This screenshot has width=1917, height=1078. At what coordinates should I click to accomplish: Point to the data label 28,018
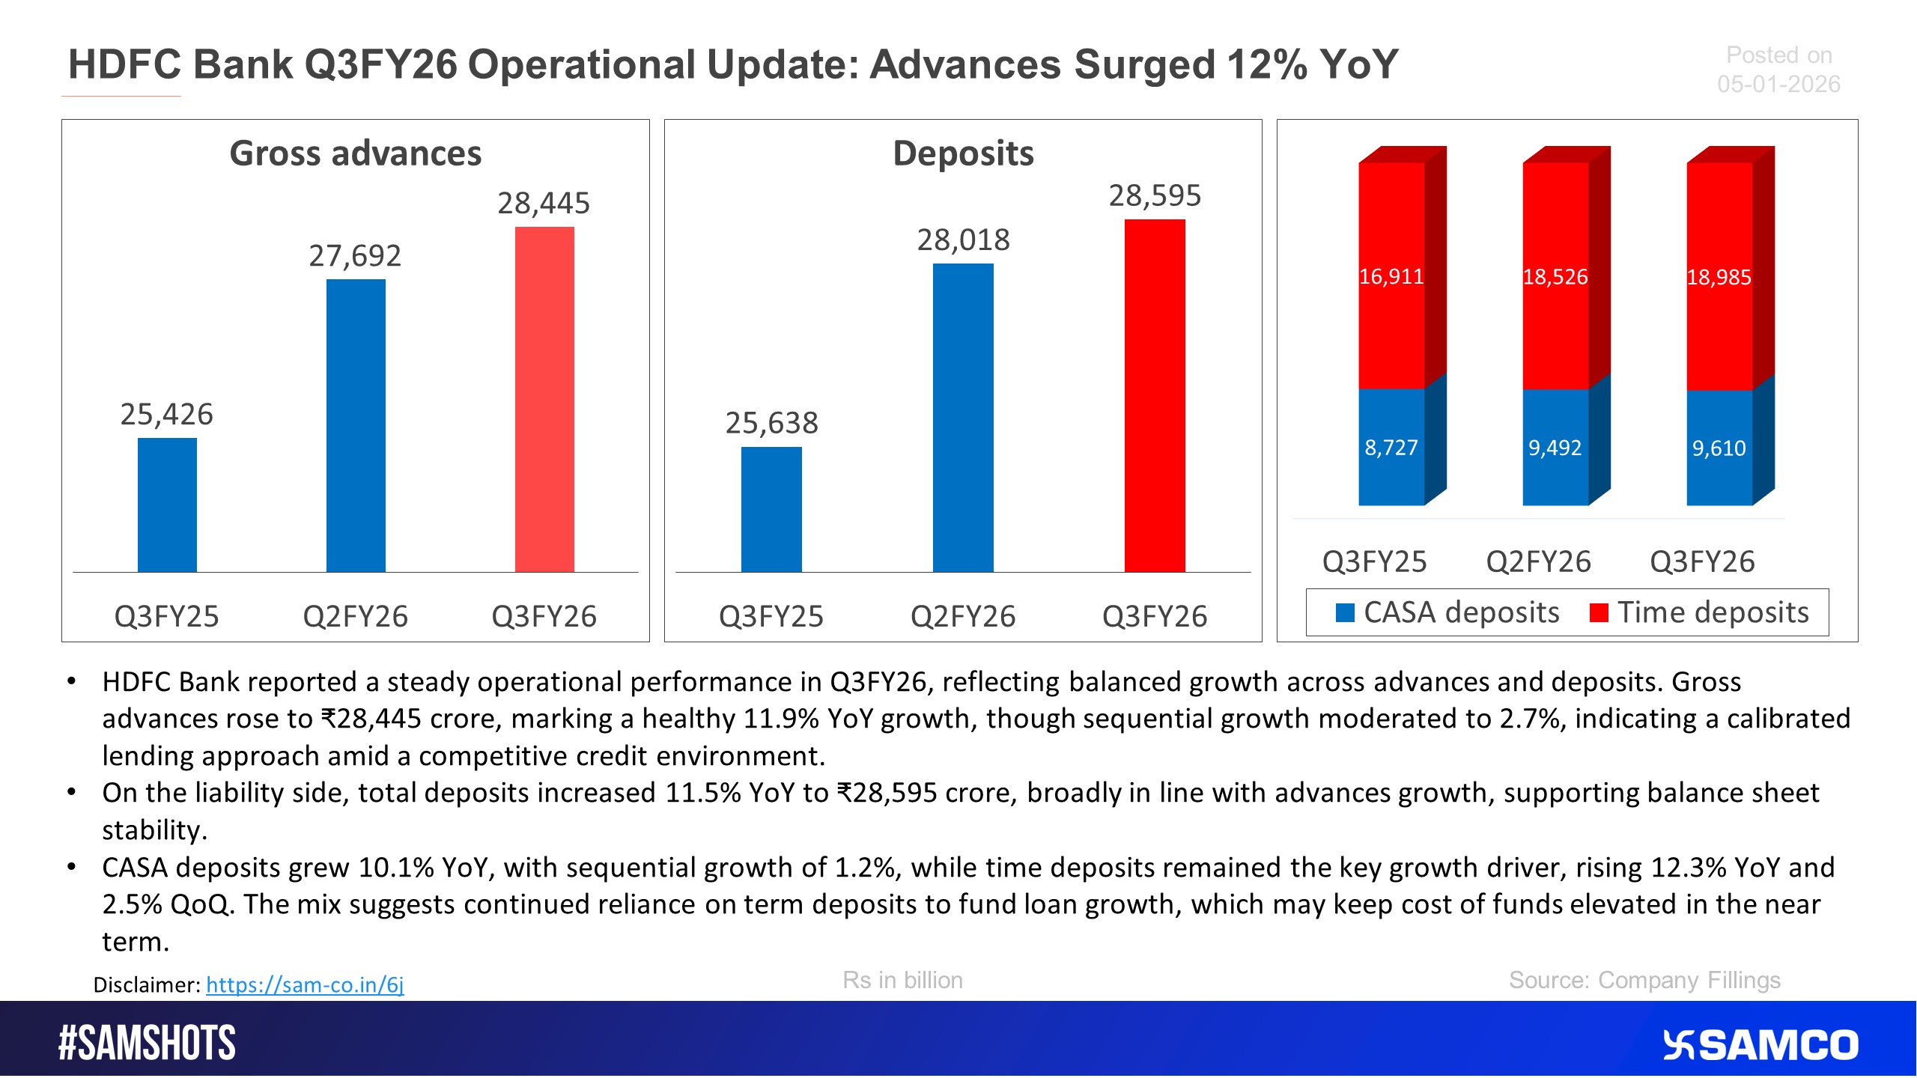[963, 240]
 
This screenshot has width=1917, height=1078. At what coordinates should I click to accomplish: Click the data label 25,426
[166, 414]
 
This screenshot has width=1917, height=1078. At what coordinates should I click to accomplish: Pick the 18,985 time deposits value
[1719, 277]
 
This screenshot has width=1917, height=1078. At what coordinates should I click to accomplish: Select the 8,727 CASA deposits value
[1391, 448]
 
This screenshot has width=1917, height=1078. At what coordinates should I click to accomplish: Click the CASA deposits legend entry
[1449, 612]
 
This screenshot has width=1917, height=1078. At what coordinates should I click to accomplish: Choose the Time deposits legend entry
[1700, 612]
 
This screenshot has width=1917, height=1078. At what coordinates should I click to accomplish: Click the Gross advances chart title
[356, 153]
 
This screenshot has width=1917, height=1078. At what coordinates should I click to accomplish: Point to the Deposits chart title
[963, 153]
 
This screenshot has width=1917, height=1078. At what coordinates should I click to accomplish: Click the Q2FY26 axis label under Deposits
[963, 617]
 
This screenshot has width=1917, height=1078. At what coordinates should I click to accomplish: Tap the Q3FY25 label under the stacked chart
[1375, 561]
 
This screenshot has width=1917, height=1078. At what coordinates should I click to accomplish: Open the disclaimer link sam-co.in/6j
[305, 984]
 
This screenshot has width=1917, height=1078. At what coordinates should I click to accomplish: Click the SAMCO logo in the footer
[1760, 1045]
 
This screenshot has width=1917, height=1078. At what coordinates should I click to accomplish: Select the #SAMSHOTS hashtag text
[148, 1044]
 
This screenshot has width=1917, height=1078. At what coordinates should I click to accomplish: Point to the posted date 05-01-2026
[1778, 84]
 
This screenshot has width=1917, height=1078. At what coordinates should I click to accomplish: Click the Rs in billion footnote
[902, 980]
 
